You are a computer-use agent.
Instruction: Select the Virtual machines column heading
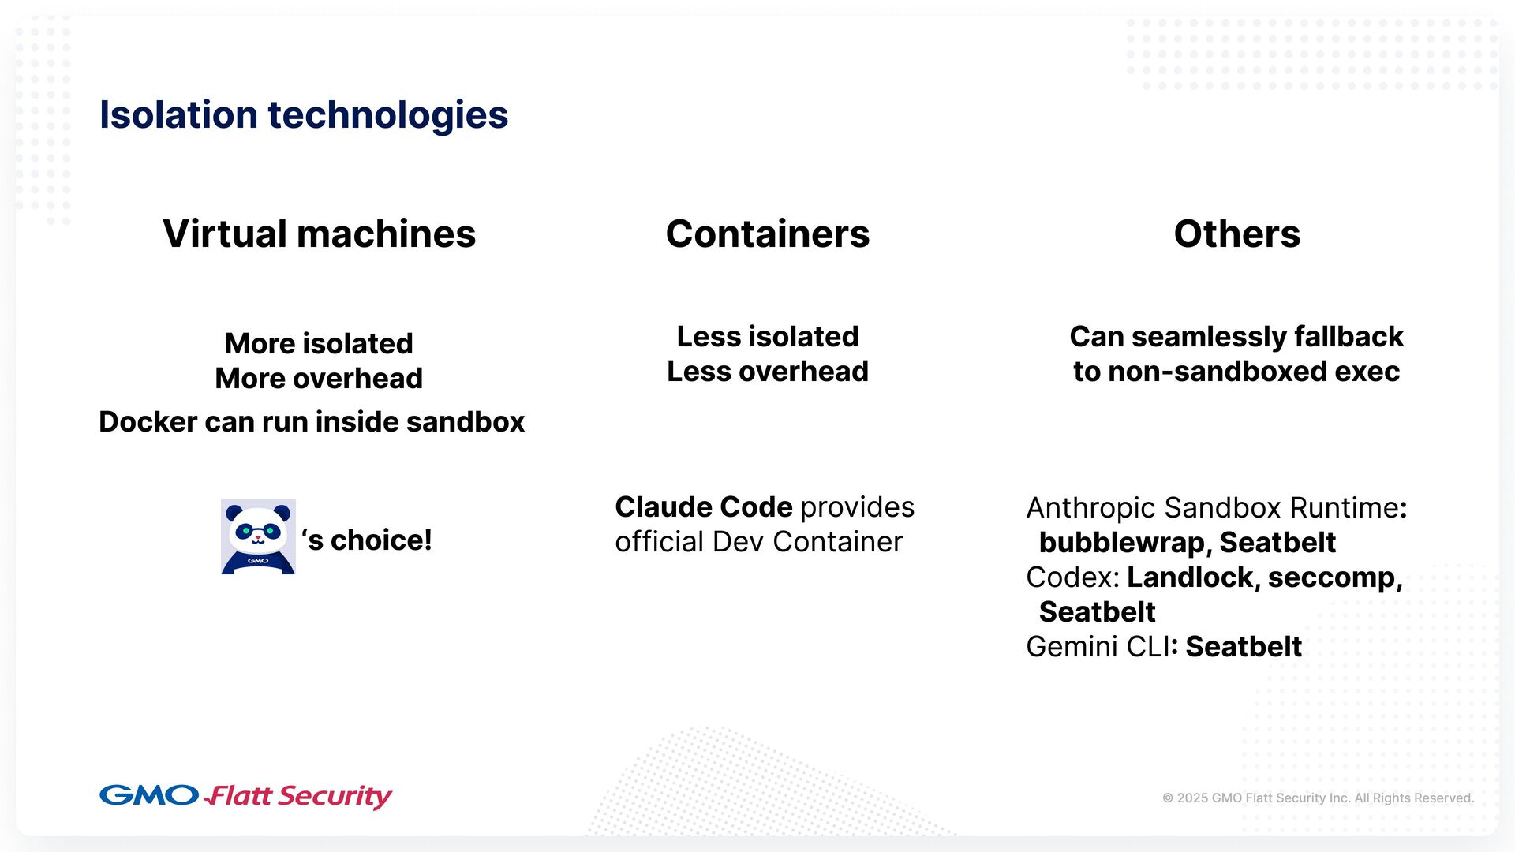pyautogui.click(x=319, y=234)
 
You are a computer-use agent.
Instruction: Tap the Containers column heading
pyautogui.click(x=767, y=234)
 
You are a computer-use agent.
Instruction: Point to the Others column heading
pyautogui.click(x=1236, y=234)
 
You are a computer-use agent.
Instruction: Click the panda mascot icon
pyautogui.click(x=258, y=537)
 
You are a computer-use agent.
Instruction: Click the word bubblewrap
pyautogui.click(x=1121, y=543)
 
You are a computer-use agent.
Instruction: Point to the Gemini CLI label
pyautogui.click(x=1097, y=647)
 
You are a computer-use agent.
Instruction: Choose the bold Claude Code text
pyautogui.click(x=703, y=507)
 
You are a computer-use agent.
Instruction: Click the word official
pyautogui.click(x=659, y=542)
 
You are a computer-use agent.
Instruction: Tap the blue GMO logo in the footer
pyautogui.click(x=148, y=795)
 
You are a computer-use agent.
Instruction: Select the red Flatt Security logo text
pyautogui.click(x=299, y=796)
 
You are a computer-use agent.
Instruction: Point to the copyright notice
pyautogui.click(x=1318, y=798)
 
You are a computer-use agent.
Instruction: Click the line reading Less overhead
pyautogui.click(x=767, y=372)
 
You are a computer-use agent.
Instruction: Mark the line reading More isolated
pyautogui.click(x=319, y=344)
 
